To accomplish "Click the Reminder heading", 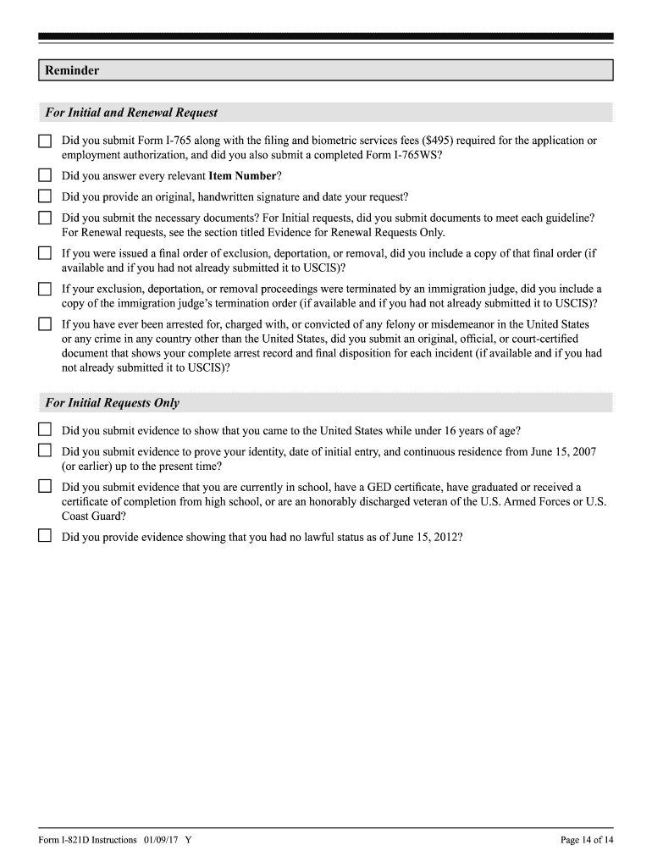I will coord(72,70).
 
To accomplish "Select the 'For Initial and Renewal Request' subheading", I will coord(131,113).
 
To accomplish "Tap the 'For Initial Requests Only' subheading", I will coord(112,403).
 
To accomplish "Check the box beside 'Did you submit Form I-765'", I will coord(45,141).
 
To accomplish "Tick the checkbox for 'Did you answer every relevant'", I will coord(45,176).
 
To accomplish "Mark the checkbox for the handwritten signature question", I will coord(45,197).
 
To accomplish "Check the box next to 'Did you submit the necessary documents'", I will coord(45,218).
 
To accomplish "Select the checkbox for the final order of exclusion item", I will coord(45,253).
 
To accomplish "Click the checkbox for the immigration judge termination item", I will coord(45,289).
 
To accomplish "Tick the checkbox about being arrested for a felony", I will coord(45,324).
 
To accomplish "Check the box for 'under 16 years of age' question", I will coord(45,430).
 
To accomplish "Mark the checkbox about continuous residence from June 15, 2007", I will coord(45,451).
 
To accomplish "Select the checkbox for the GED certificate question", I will coord(45,487).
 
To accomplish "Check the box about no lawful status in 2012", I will coord(45,536).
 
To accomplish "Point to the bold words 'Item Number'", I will coord(242,176).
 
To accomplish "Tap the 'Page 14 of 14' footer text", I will coord(587,840).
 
